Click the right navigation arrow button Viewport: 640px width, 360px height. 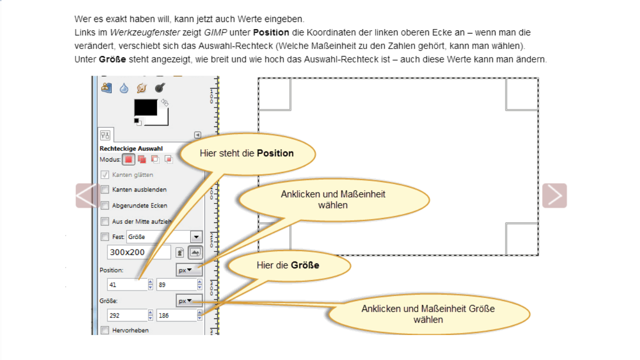(x=554, y=195)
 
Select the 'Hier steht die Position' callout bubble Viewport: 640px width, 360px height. (x=247, y=153)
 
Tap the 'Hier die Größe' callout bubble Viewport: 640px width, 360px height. (x=287, y=265)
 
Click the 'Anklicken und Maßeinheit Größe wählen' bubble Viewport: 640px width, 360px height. (x=428, y=314)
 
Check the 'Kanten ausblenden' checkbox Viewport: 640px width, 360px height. (x=105, y=190)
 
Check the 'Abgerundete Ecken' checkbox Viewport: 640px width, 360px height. (x=105, y=205)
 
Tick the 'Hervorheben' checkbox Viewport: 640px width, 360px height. (x=105, y=330)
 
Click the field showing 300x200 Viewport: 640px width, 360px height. (x=138, y=252)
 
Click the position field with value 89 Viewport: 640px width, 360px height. (x=175, y=285)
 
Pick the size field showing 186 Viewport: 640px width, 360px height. (x=175, y=315)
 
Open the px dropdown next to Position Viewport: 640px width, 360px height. (x=189, y=270)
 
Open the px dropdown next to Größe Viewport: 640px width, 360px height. (x=189, y=301)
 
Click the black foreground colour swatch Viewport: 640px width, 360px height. (x=145, y=107)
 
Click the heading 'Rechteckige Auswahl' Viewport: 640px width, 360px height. (x=131, y=148)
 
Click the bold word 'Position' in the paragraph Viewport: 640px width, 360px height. (x=271, y=32)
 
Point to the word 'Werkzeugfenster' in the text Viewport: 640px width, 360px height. (x=138, y=32)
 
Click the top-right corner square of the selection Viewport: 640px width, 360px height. (x=521, y=93)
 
